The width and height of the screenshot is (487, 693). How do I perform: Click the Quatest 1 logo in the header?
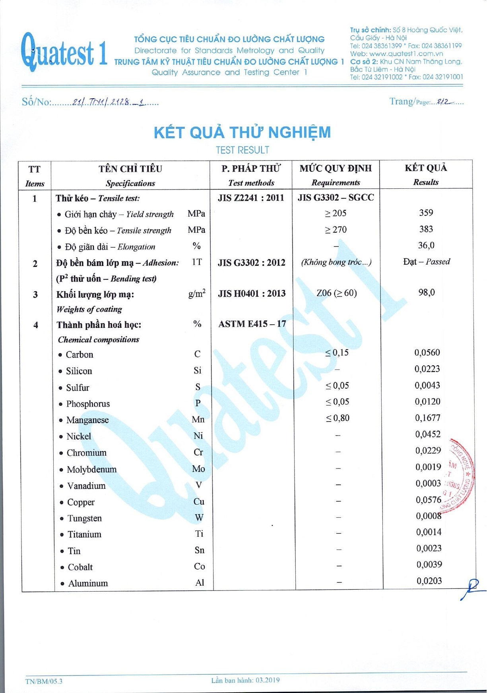point(64,52)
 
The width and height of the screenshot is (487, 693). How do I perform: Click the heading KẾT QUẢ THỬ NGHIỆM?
point(242,132)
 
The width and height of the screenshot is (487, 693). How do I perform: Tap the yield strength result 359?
point(426,213)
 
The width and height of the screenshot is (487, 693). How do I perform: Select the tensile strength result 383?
point(426,229)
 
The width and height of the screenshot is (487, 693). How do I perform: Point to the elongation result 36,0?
point(426,246)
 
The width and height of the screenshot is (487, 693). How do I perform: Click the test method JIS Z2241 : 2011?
point(251,198)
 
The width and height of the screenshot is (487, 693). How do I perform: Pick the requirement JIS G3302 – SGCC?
point(336,197)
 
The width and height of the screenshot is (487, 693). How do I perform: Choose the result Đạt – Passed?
point(426,262)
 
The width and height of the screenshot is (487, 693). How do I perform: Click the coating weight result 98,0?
point(426,293)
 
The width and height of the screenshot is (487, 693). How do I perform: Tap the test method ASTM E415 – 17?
point(252,324)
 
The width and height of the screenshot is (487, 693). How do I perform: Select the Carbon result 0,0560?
point(427,352)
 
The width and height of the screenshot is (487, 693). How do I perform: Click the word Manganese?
point(87,420)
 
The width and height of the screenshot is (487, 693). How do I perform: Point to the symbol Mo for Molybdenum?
point(198,469)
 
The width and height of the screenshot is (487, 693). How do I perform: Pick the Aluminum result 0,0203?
point(429,581)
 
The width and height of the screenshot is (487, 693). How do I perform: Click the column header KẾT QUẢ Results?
point(426,174)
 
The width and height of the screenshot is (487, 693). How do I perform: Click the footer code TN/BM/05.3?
point(44,681)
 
